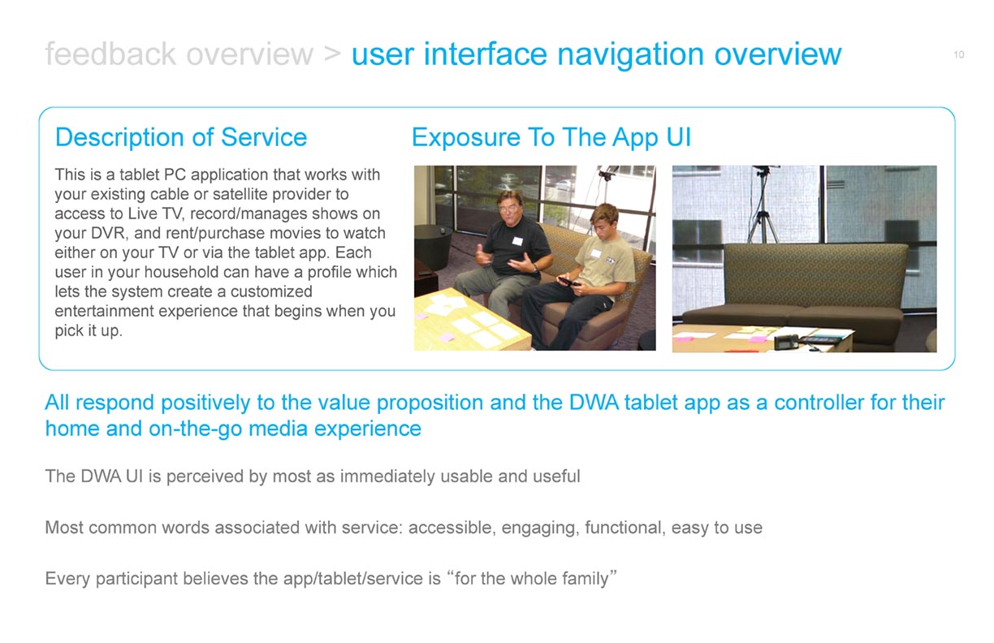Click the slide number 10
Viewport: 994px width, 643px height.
(958, 54)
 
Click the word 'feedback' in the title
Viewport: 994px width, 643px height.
(110, 54)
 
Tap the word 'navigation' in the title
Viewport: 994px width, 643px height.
(630, 55)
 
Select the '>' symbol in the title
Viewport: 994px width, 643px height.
(332, 54)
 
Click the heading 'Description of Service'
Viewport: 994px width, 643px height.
(181, 136)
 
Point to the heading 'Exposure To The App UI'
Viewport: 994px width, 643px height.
(551, 137)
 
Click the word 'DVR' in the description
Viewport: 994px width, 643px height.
(108, 233)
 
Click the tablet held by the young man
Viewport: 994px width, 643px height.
(568, 282)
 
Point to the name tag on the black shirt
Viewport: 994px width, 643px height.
(517, 241)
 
